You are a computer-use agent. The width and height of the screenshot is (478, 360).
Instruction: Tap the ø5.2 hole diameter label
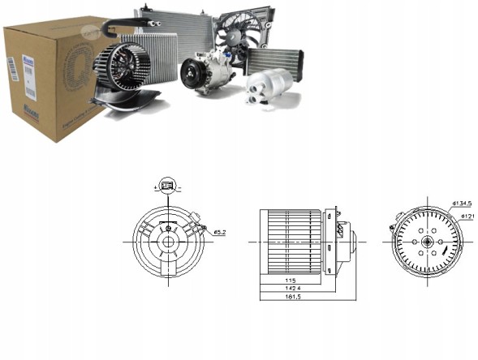219,233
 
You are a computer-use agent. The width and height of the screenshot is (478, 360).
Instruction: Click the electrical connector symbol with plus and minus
167,187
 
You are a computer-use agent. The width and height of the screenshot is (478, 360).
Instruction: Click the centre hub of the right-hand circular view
426,242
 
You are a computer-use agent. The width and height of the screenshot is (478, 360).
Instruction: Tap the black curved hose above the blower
117,31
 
